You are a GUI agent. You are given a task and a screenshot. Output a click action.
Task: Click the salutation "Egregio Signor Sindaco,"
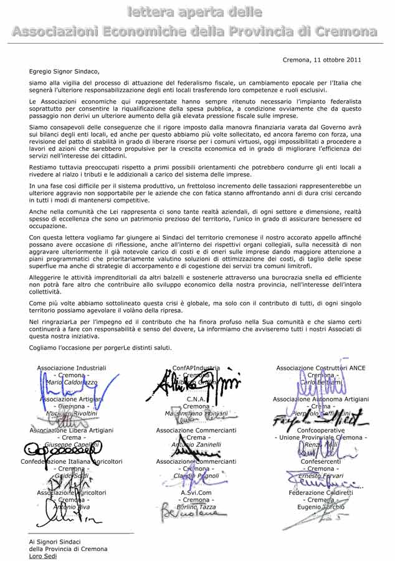pyautogui.click(x=64, y=72)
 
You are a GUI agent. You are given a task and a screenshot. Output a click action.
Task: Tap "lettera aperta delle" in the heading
pyautogui.click(x=195, y=12)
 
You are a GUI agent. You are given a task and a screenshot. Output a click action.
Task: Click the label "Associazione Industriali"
pyautogui.click(x=72, y=368)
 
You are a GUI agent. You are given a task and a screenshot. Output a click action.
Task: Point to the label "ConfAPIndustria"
pyautogui.click(x=196, y=368)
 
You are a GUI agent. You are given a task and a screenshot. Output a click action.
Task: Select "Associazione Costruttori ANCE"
pyautogui.click(x=321, y=368)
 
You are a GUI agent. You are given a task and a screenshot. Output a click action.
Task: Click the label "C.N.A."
pyautogui.click(x=196, y=399)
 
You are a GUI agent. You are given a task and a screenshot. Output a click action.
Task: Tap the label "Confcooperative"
pyautogui.click(x=321, y=430)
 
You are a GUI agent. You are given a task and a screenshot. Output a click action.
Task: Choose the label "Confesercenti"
pyautogui.click(x=321, y=461)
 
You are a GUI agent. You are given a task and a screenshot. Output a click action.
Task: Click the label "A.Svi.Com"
pyautogui.click(x=196, y=492)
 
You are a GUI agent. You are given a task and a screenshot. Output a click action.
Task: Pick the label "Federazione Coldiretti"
pyautogui.click(x=321, y=492)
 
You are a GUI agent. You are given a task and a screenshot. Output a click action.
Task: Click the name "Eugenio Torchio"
pyautogui.click(x=321, y=507)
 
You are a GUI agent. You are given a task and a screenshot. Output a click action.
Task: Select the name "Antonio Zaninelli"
pyautogui.click(x=196, y=445)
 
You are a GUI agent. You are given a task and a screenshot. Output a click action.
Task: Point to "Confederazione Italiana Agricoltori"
pyautogui.click(x=72, y=461)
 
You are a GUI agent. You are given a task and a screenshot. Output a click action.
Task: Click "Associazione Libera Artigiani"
pyautogui.click(x=72, y=430)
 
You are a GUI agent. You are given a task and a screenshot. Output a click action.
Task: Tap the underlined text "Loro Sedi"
pyautogui.click(x=42, y=556)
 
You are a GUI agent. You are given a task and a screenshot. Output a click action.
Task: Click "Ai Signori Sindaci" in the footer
pyautogui.click(x=55, y=542)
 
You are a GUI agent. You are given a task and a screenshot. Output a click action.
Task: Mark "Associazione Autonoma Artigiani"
pyautogui.click(x=321, y=399)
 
